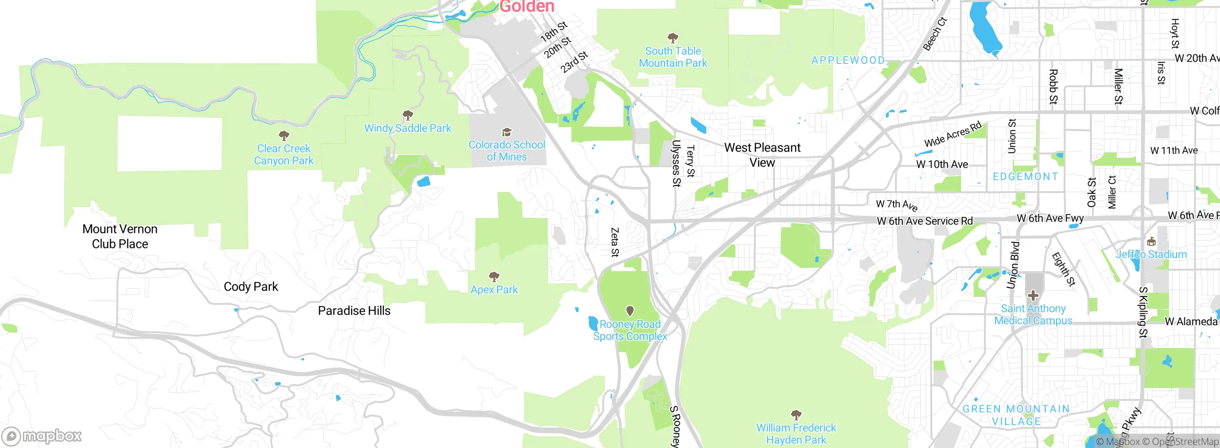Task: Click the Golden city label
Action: (x=527, y=7)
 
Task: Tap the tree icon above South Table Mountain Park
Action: (x=672, y=38)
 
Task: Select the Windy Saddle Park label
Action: (x=407, y=128)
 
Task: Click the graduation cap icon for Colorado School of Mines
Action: (x=507, y=132)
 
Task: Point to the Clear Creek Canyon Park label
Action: (x=284, y=155)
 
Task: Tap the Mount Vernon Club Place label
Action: (x=120, y=236)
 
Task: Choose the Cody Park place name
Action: (x=251, y=287)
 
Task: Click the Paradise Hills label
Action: (x=354, y=311)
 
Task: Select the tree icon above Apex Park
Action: (x=494, y=276)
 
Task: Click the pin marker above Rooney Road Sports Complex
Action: (x=630, y=311)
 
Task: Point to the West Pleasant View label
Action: (x=762, y=155)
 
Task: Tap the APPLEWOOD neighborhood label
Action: (x=848, y=61)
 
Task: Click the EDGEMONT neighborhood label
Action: (x=1025, y=177)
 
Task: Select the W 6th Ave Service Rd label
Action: (x=925, y=221)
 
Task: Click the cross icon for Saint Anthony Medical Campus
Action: (x=1033, y=295)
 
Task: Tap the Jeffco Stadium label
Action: (x=1151, y=255)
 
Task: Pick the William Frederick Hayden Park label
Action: (x=796, y=434)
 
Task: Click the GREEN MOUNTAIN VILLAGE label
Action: (x=1016, y=415)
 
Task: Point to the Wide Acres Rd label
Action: (x=953, y=134)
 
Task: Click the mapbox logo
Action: (x=42, y=436)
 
